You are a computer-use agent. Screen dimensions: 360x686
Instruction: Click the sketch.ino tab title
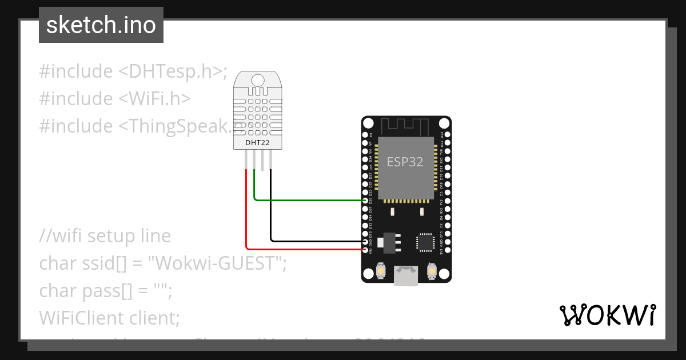pyautogui.click(x=101, y=25)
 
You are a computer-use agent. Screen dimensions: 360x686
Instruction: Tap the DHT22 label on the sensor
pyautogui.click(x=257, y=142)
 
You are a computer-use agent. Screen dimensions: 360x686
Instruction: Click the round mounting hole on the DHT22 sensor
pyautogui.click(x=258, y=80)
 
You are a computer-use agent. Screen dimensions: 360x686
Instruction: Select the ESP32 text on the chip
pyautogui.click(x=405, y=162)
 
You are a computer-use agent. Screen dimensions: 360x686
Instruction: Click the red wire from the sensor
pyautogui.click(x=246, y=217)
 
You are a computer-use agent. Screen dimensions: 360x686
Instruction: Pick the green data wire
pyautogui.click(x=309, y=201)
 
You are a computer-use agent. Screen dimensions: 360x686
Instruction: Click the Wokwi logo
pyautogui.click(x=607, y=315)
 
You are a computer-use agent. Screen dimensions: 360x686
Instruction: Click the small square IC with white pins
pyautogui.click(x=426, y=242)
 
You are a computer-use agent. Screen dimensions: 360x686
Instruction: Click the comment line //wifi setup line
pyautogui.click(x=105, y=236)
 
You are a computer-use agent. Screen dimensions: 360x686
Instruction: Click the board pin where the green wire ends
pyautogui.click(x=366, y=201)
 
